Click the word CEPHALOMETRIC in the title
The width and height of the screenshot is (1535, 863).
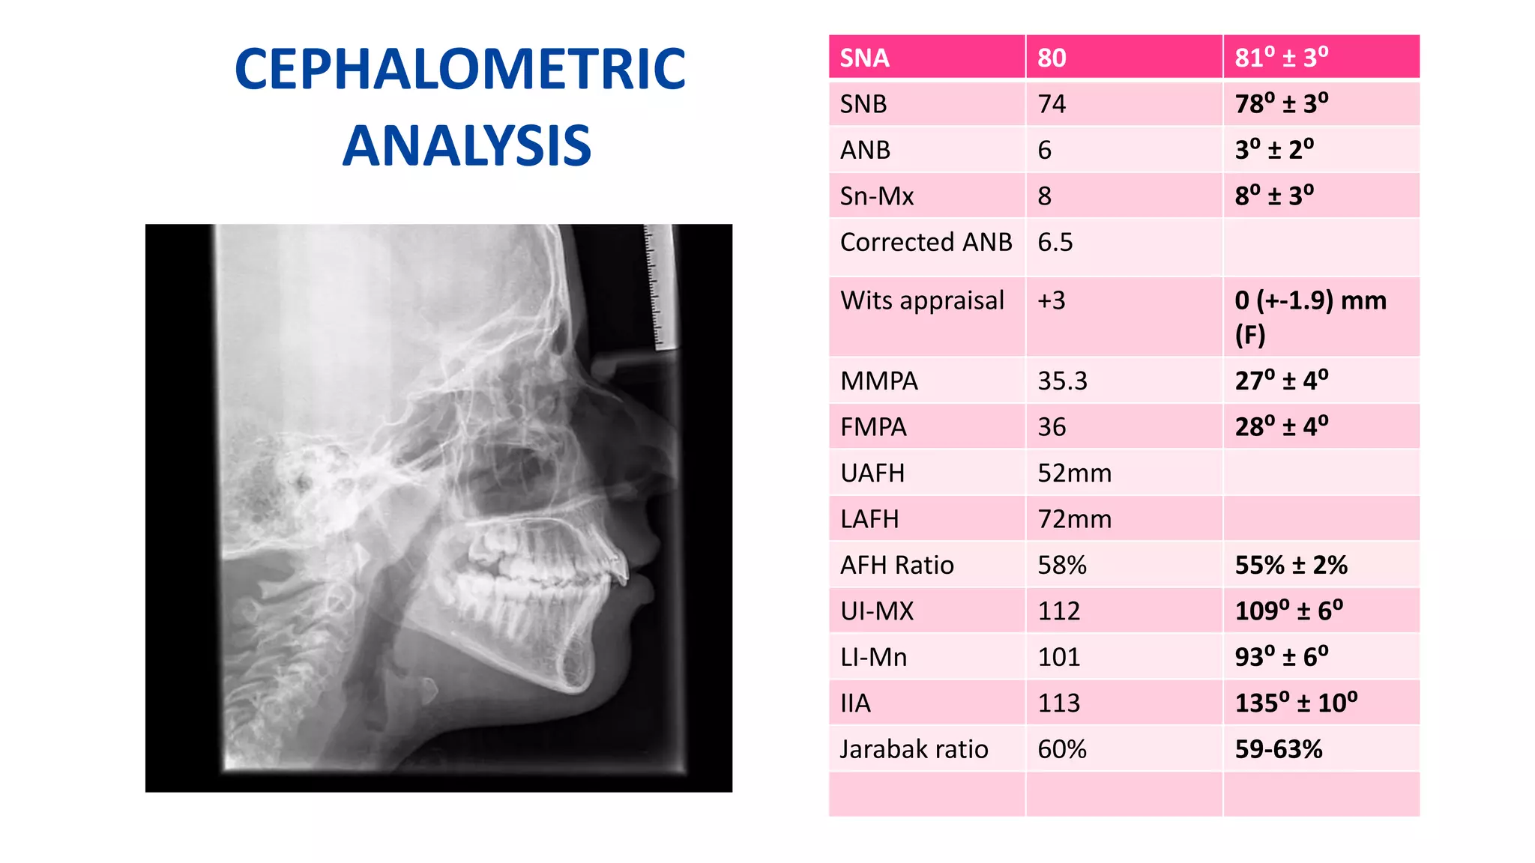pos(459,69)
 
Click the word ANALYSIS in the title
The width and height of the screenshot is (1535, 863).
pos(467,146)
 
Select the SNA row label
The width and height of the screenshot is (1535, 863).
pos(864,58)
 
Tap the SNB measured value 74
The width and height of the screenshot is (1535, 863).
pos(1052,104)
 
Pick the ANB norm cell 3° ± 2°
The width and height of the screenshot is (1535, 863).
pos(1274,150)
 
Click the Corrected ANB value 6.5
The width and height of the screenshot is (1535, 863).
pos(1055,242)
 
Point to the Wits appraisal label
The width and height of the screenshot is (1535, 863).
pos(922,300)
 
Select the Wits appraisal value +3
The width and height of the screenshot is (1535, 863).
pos(1051,300)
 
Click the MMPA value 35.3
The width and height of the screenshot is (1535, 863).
pos(1062,381)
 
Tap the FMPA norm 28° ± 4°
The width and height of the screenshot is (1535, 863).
pos(1281,427)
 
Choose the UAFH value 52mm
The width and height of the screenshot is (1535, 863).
pos(1074,473)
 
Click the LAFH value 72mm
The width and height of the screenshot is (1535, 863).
pos(1074,519)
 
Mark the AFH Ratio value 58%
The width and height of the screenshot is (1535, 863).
pos(1061,565)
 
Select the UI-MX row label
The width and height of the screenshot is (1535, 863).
pos(877,611)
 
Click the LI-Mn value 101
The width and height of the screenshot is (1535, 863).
pos(1058,657)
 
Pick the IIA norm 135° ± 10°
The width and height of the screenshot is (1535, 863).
pos(1296,703)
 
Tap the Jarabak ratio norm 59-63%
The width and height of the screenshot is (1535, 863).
pos(1278,749)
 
